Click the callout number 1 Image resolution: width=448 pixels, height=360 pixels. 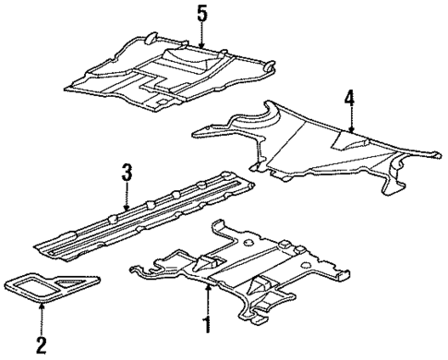tap(206, 324)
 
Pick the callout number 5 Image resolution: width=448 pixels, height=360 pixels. tap(201, 15)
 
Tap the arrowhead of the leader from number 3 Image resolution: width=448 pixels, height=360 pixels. tap(128, 207)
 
